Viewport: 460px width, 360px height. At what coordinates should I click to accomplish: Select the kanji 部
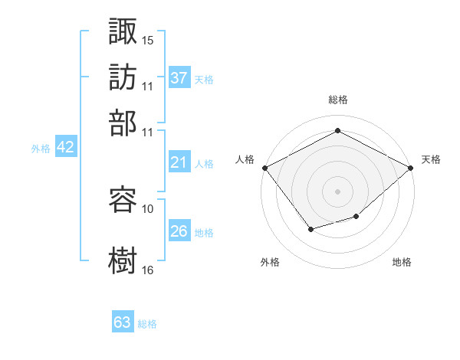pos(123,123)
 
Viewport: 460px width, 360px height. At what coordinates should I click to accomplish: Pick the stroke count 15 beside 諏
pos(148,39)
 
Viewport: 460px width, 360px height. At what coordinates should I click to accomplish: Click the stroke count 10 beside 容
pos(148,208)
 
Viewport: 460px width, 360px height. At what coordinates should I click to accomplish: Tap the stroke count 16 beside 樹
pos(148,270)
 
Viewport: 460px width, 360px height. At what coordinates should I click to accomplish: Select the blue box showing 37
pos(179,78)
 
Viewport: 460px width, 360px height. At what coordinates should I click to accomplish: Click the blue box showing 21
pos(179,162)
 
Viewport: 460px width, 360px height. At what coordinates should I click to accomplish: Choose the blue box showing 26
pos(179,231)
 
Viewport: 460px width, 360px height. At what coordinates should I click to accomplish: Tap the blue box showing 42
pos(65,148)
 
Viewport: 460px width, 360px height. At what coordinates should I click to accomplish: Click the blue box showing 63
pos(123,322)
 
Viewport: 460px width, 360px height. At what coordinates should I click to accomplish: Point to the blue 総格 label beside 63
pos(147,324)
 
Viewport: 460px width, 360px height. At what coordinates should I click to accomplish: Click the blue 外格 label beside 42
pos(41,149)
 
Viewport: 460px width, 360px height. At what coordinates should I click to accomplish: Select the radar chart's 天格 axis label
pos(431,159)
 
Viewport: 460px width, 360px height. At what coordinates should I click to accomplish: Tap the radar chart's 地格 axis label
pos(402,262)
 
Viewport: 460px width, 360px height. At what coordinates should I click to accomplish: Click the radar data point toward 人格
pos(264,168)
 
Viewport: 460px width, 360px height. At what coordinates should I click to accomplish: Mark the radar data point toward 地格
pos(356,217)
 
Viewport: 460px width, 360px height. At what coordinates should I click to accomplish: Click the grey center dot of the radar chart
pos(337,191)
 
